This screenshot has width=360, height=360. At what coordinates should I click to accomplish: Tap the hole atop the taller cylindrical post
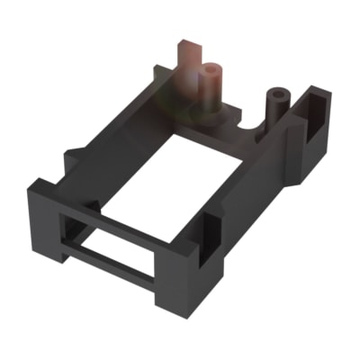(212, 67)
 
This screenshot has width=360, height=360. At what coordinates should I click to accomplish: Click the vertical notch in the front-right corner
(209, 236)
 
